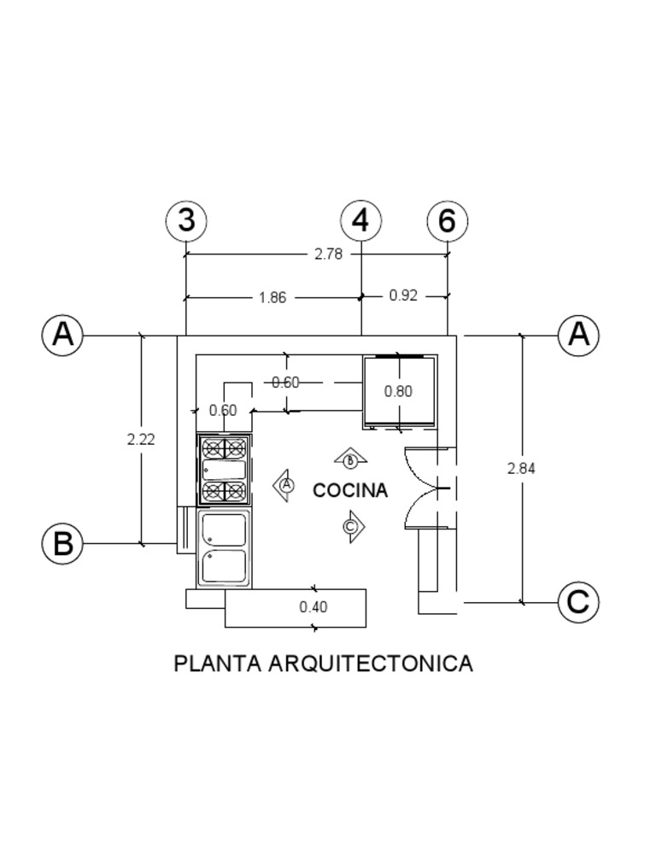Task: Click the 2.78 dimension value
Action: [328, 254]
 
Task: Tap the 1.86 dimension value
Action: [272, 298]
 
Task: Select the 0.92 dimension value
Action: [403, 295]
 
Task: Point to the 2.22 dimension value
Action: [141, 440]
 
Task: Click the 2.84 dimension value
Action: [521, 468]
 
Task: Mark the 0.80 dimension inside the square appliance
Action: [398, 391]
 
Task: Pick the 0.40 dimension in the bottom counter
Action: [313, 607]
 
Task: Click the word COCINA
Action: [350, 490]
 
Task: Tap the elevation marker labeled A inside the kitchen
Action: [284, 485]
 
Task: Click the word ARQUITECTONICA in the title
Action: [371, 664]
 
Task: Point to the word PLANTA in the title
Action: [218, 664]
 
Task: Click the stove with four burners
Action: [224, 470]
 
